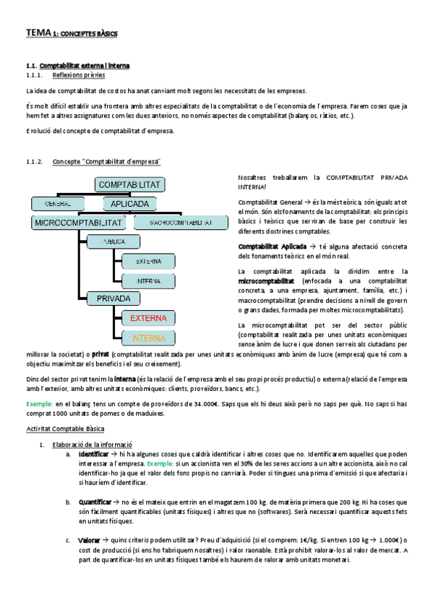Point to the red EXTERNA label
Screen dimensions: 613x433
(x=148, y=317)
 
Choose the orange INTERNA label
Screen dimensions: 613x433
(x=148, y=337)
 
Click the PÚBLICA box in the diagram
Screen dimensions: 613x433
(x=114, y=241)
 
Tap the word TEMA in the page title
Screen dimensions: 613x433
(x=35, y=33)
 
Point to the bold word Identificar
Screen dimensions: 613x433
(x=93, y=453)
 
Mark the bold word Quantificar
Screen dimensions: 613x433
(x=95, y=500)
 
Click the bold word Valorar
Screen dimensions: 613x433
(x=89, y=539)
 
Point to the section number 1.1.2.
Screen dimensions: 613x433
(x=34, y=162)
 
